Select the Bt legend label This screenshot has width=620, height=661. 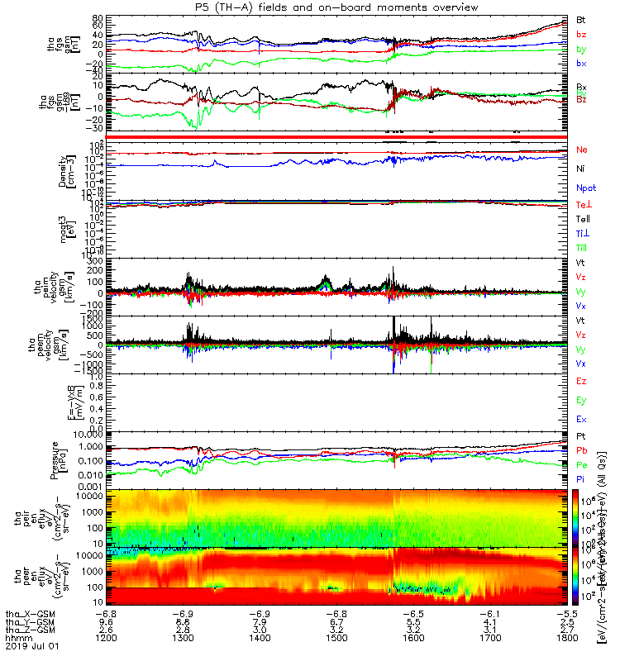tap(581, 19)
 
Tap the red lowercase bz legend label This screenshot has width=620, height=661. tap(581, 34)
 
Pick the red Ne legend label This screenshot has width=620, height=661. tap(581, 150)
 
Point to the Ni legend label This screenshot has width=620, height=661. tap(581, 169)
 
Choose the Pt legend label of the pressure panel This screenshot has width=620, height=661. tap(581, 435)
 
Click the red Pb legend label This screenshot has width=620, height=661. tap(581, 449)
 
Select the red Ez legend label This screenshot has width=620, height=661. tap(581, 381)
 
